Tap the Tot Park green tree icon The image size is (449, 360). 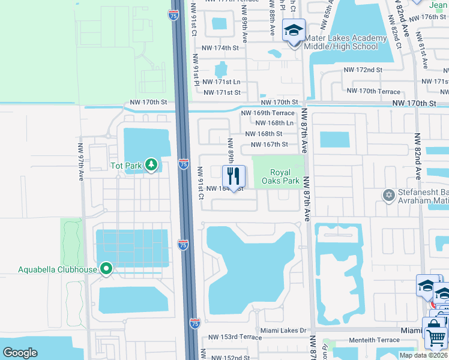pos(151,164)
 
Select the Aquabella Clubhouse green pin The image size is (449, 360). pos(106,269)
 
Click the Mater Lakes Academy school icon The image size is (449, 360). pos(294,31)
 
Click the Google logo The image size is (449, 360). pos(20,352)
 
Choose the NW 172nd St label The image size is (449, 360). pos(363,70)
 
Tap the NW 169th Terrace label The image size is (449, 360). pos(268,113)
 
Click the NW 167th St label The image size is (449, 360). pos(269,144)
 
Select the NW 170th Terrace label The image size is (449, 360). pos(373,91)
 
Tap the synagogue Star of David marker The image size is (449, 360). pos(388,196)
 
